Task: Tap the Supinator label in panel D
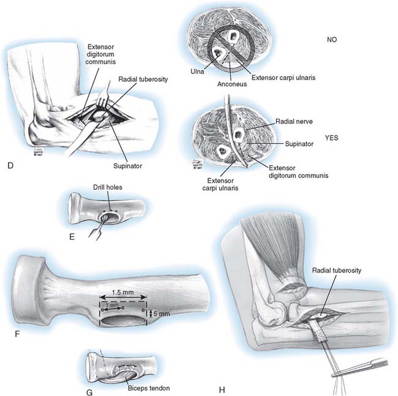(x=137, y=165)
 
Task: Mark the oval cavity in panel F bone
(x=121, y=319)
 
